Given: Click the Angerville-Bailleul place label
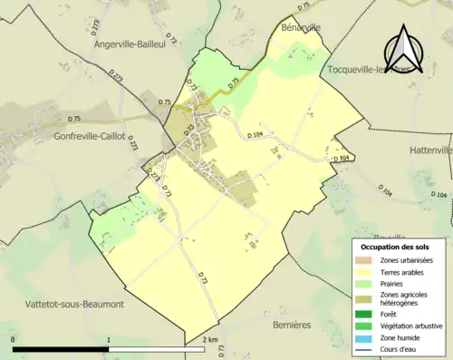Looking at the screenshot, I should (x=136, y=43).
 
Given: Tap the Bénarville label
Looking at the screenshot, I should (x=302, y=28).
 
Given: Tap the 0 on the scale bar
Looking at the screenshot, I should (x=13, y=339).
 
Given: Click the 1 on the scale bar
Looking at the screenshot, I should (x=109, y=339).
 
